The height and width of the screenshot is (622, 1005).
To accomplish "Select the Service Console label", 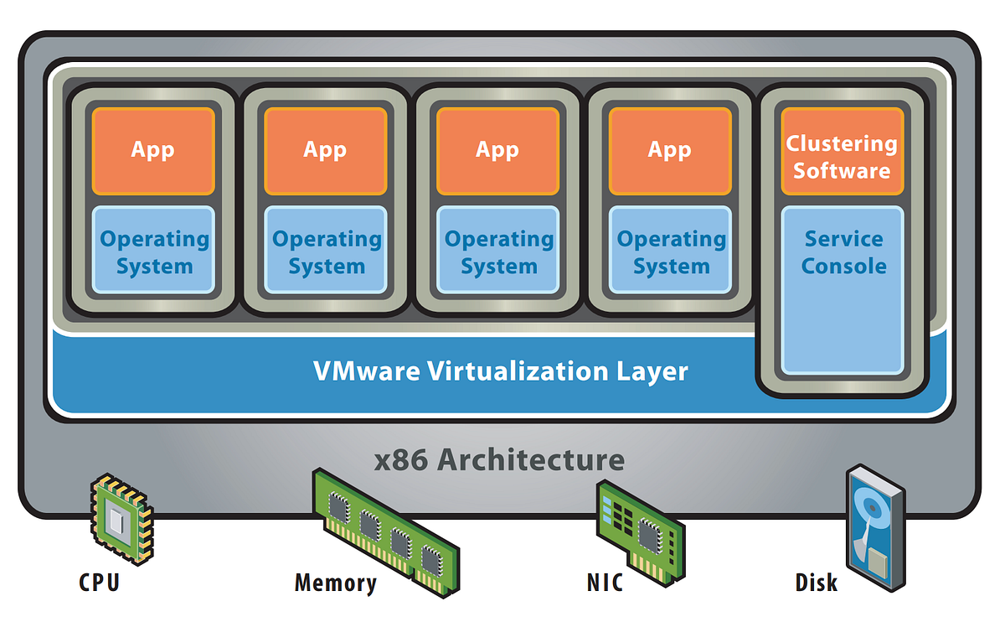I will [x=843, y=252].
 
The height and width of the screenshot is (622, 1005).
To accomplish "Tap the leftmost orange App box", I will [x=153, y=151].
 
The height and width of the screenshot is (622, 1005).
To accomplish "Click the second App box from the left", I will [x=326, y=151].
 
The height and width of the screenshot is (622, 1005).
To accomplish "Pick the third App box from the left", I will [x=497, y=151].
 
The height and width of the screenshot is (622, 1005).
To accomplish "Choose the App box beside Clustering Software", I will [x=670, y=151].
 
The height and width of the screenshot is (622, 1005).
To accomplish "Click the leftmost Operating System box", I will [x=153, y=251].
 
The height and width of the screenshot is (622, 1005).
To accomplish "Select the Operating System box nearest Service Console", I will [x=670, y=251].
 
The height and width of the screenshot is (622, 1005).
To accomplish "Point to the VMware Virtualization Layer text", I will [x=500, y=371].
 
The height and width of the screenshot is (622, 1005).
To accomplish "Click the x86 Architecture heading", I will [x=499, y=459].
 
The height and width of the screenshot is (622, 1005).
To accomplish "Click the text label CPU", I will [x=99, y=582].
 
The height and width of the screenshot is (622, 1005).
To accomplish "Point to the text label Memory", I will [x=335, y=583].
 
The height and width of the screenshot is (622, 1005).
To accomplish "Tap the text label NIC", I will [x=605, y=582].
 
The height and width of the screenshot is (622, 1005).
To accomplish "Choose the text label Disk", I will [x=815, y=582].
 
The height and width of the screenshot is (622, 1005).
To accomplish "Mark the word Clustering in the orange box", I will [x=842, y=143].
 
